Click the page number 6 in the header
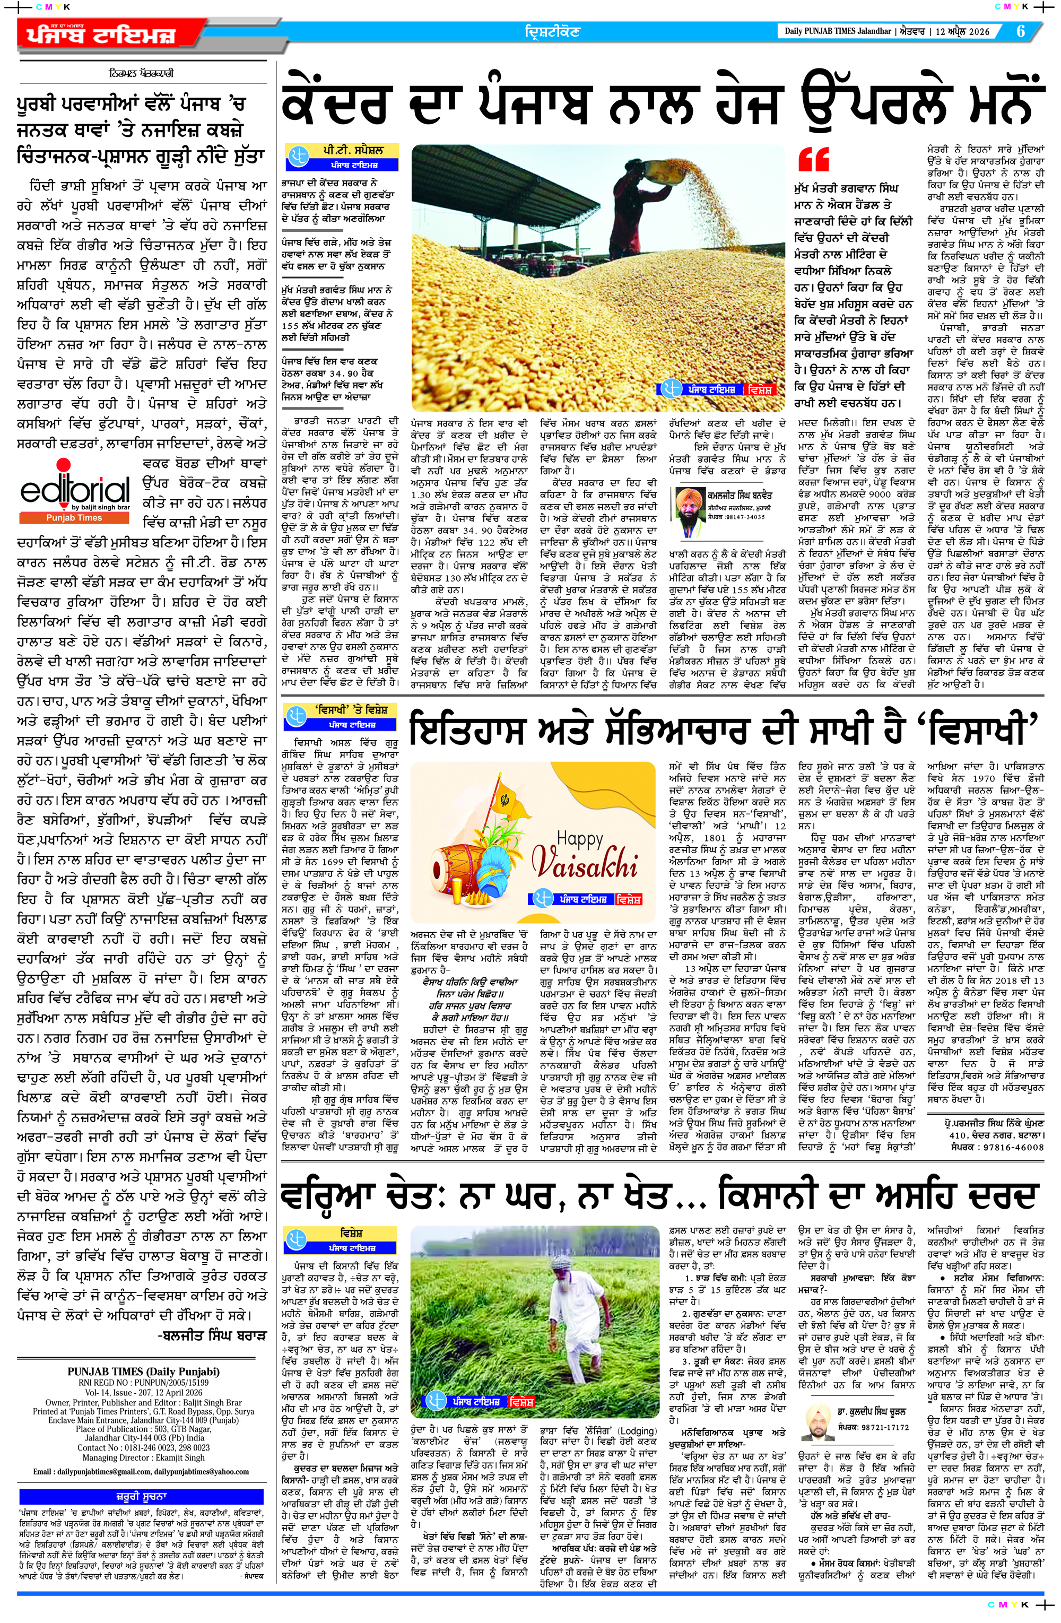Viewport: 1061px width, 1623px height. [x=1021, y=31]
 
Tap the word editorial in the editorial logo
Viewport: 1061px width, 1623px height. [x=74, y=489]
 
